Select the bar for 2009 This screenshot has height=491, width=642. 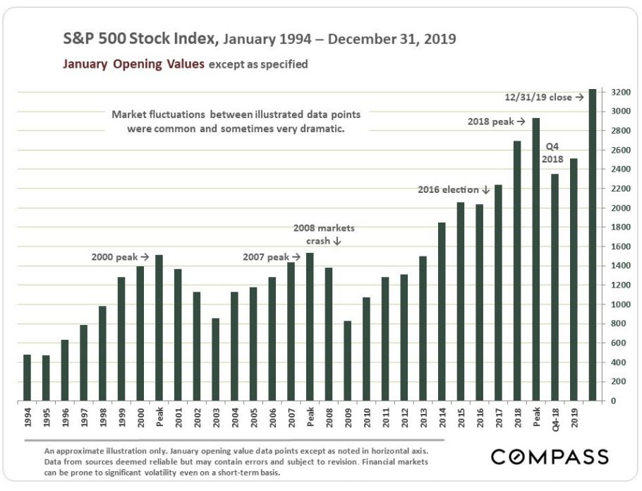(348, 360)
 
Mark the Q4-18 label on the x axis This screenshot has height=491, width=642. (555, 419)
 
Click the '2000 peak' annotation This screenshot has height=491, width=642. (121, 257)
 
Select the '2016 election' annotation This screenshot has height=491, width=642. (454, 189)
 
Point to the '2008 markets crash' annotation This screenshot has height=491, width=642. (325, 235)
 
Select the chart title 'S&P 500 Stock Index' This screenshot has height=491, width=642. (133, 39)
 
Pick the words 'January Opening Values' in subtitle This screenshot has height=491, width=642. (133, 64)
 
